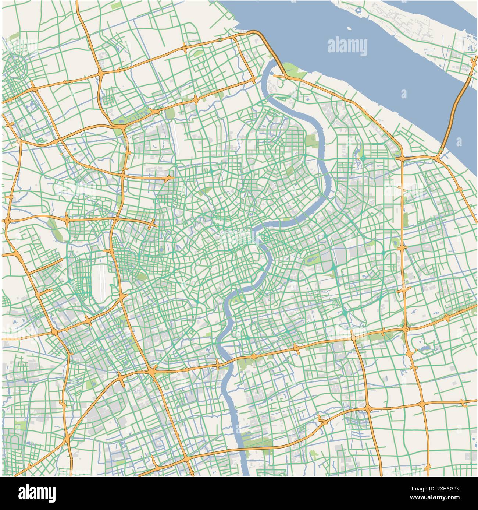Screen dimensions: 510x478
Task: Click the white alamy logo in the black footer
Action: [x=37, y=493]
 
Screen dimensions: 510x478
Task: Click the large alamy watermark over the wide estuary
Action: [x=347, y=47]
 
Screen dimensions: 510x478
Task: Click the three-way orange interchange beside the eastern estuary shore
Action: [x=438, y=157]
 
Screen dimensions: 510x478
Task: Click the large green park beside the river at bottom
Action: [x=257, y=444]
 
